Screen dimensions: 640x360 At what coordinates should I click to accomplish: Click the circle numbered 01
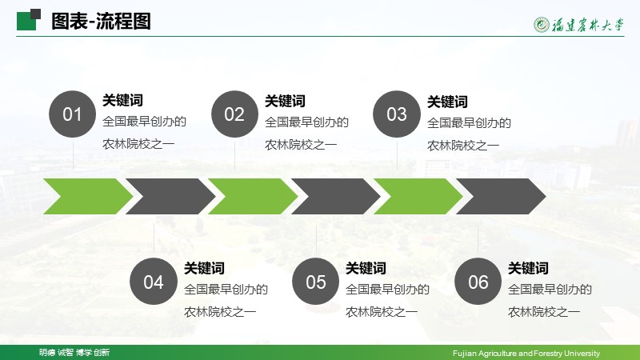point(72,114)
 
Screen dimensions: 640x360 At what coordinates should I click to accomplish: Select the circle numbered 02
point(234,114)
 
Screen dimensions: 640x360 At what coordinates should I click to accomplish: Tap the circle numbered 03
point(397,114)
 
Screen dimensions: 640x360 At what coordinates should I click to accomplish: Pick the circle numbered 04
point(154,282)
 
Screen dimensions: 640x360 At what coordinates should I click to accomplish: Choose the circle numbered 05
point(316,282)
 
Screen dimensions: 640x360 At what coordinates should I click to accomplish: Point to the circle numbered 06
point(478,282)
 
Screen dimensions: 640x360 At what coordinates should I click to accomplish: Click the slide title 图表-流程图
point(102,22)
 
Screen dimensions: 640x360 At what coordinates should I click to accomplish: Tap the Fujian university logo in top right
point(578,25)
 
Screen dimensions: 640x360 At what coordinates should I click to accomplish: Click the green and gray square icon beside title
point(29,19)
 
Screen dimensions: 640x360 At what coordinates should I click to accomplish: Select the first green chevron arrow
point(88,196)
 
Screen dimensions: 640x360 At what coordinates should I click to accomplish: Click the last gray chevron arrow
point(502,196)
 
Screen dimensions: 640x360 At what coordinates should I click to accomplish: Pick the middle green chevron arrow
point(253,196)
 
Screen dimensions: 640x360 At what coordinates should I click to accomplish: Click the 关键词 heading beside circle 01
point(122,101)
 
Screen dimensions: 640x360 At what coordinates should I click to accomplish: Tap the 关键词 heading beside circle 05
point(366,268)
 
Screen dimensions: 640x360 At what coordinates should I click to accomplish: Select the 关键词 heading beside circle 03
point(447,102)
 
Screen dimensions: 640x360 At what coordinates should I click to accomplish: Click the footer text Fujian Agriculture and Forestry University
point(526,353)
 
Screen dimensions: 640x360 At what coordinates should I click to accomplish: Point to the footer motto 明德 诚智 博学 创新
point(74,352)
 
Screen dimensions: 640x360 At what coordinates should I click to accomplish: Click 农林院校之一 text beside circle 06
point(544,312)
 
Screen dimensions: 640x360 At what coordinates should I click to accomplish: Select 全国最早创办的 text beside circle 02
point(306,122)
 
